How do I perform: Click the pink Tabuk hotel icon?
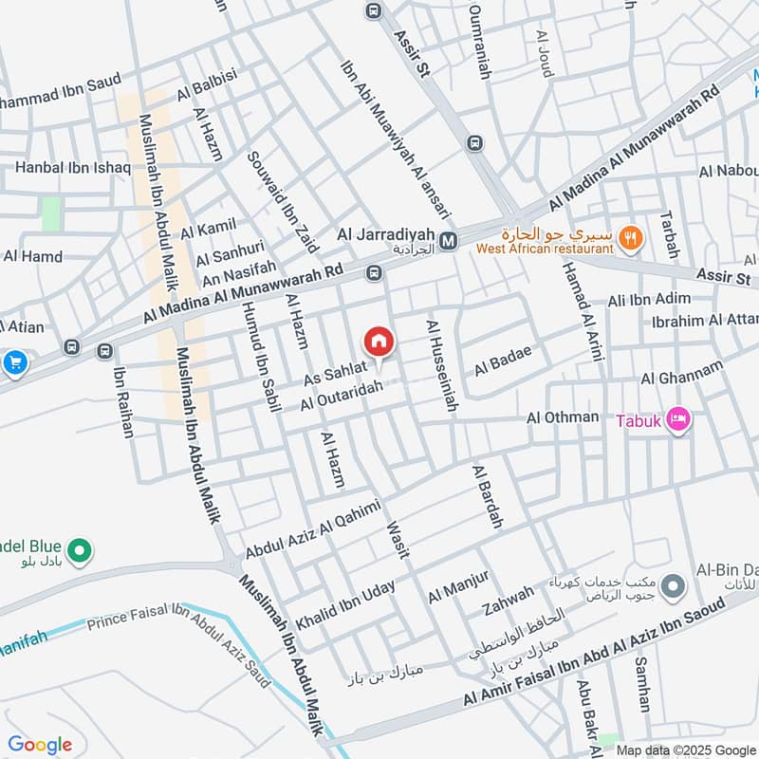pyautogui.click(x=678, y=418)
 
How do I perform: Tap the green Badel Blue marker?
pyautogui.click(x=81, y=548)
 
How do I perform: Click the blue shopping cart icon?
pyautogui.click(x=14, y=361)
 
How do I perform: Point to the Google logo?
pyautogui.click(x=40, y=745)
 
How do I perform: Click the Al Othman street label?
pyautogui.click(x=563, y=417)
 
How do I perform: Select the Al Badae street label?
pyautogui.click(x=503, y=361)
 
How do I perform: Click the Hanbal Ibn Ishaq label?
pyautogui.click(x=72, y=169)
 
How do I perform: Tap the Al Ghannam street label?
pyautogui.click(x=681, y=372)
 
